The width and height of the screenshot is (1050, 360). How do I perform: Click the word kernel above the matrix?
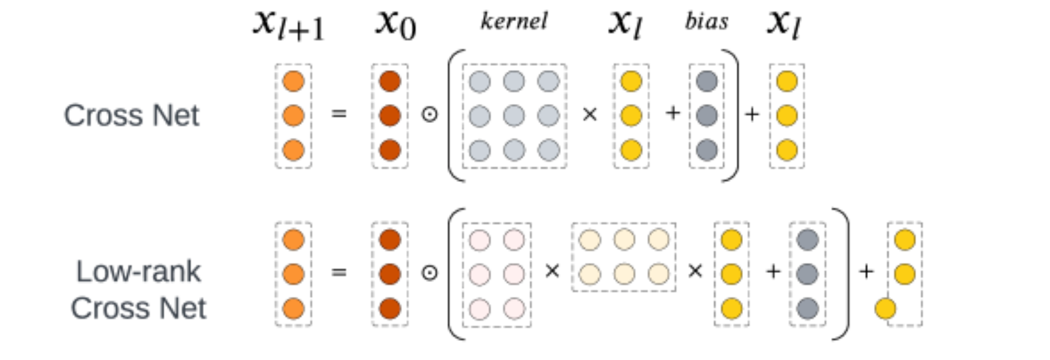point(514,21)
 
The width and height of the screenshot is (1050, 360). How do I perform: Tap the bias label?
point(706,21)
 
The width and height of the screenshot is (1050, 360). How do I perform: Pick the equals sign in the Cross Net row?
point(338,114)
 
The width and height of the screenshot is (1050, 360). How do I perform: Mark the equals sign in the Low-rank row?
point(338,272)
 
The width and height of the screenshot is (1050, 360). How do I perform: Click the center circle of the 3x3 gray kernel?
point(513,115)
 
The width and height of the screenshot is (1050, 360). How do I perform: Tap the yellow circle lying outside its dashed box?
point(885,309)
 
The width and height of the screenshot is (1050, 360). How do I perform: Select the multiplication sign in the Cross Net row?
point(590,114)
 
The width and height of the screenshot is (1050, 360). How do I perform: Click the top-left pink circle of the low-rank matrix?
point(479,240)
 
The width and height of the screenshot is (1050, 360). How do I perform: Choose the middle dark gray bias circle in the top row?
point(707,115)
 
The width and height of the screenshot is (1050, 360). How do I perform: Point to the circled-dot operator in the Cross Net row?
point(429,114)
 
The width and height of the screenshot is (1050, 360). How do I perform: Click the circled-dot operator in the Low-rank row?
point(429,272)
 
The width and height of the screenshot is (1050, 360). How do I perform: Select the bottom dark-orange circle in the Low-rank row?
point(390,308)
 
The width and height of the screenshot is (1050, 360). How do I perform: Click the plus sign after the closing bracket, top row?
point(751,114)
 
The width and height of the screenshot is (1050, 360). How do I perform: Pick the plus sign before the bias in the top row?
point(672,114)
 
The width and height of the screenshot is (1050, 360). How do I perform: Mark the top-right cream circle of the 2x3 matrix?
point(657,240)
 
